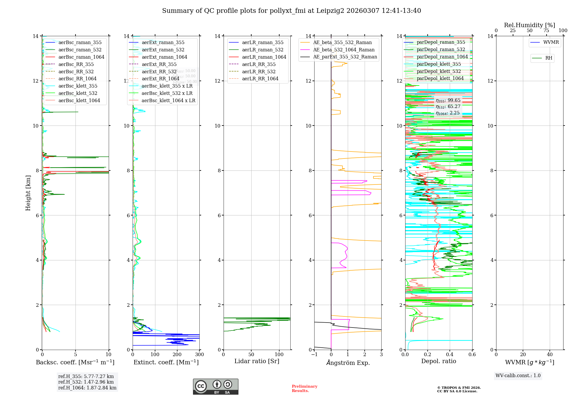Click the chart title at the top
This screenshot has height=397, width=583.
click(291, 11)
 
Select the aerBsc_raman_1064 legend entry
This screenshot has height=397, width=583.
click(81, 57)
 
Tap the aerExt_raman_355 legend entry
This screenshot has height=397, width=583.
click(163, 42)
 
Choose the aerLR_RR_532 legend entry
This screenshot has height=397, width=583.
click(259, 72)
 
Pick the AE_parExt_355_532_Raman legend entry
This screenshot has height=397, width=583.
click(345, 57)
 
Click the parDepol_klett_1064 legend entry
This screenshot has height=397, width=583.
click(440, 78)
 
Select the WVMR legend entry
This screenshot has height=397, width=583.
click(551, 42)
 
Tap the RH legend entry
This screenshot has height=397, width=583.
click(549, 58)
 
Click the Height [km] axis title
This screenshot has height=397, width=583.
click(28, 193)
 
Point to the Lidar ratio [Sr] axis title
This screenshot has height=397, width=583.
click(257, 361)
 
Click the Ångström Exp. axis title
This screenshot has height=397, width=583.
click(348, 363)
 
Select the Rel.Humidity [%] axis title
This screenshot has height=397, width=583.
click(529, 25)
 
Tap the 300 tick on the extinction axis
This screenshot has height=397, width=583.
click(200, 355)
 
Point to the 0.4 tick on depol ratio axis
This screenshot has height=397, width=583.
click(450, 355)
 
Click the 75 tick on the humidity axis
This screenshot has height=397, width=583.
click(546, 31)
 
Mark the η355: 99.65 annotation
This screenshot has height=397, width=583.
click(448, 100)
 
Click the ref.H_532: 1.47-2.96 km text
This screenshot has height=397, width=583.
click(86, 382)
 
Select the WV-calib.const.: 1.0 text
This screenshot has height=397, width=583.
click(518, 376)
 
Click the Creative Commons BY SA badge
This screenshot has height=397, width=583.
click(215, 386)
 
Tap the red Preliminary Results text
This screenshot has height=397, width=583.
click(304, 389)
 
